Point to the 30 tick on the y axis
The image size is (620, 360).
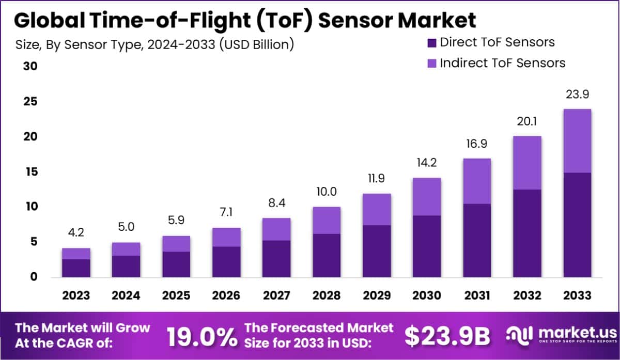pyautogui.click(x=29, y=67)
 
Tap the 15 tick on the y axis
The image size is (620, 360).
pyautogui.click(x=29, y=171)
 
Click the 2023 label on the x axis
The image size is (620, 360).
pyautogui.click(x=76, y=296)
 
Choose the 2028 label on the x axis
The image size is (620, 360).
pyautogui.click(x=326, y=296)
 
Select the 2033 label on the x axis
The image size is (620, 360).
pyautogui.click(x=577, y=296)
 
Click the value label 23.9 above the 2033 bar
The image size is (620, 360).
pyautogui.click(x=577, y=95)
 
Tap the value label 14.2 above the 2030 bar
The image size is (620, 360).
pyautogui.click(x=426, y=164)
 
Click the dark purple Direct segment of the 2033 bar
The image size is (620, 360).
pyautogui.click(x=577, y=225)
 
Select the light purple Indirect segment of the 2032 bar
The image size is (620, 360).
pyautogui.click(x=527, y=163)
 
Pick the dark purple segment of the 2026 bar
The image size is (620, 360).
pyautogui.click(x=226, y=261)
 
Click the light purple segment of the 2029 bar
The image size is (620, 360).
pyautogui.click(x=376, y=209)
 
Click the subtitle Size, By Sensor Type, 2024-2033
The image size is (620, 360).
pyautogui.click(x=154, y=44)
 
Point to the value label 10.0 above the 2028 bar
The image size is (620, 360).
pyautogui.click(x=326, y=192)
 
